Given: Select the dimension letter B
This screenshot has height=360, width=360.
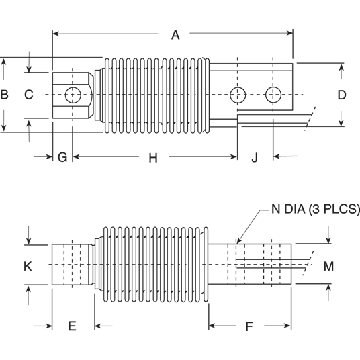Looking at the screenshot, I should (5, 95).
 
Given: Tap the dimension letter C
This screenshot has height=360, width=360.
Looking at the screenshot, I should (28, 95).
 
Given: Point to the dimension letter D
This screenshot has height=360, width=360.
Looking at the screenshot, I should (341, 95).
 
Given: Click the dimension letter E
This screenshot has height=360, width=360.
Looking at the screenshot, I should (73, 326).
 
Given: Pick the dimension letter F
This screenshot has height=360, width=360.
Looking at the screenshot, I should (249, 327).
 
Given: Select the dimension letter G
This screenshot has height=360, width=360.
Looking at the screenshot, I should (62, 158).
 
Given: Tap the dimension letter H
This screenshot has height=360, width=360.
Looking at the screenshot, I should (152, 158).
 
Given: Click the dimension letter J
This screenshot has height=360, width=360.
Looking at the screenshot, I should (255, 158).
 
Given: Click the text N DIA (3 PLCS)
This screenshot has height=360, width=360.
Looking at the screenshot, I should (316, 210).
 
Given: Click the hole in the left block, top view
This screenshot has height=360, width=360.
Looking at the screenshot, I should (72, 95).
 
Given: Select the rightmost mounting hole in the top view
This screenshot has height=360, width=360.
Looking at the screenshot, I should (273, 95).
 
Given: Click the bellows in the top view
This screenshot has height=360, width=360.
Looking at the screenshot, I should (154, 95).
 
